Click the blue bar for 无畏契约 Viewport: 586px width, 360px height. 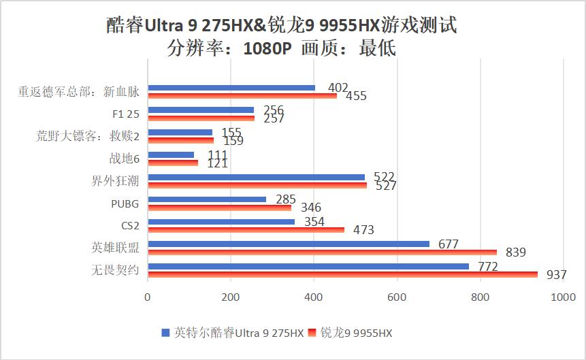click(x=308, y=266)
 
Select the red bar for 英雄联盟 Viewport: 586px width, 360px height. click(x=322, y=252)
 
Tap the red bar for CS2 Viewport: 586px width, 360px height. click(x=246, y=229)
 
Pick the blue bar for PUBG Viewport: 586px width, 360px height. click(x=207, y=199)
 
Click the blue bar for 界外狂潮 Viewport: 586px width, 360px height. click(x=256, y=177)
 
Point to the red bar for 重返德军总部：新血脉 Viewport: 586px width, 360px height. click(x=242, y=95)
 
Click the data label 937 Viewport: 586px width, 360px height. click(x=556, y=275)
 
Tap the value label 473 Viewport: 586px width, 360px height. click(x=363, y=230)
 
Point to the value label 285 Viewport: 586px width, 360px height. click(x=286, y=199)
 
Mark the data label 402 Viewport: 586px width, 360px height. click(x=338, y=88)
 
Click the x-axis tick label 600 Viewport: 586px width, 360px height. click(x=397, y=297)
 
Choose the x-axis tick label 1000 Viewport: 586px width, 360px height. click(x=563, y=297)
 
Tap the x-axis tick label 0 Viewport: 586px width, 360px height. click(x=148, y=297)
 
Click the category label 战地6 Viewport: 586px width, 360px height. click(x=124, y=159)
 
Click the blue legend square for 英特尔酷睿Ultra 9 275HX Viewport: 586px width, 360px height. click(x=165, y=333)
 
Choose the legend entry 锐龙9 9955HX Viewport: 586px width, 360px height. click(x=355, y=333)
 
